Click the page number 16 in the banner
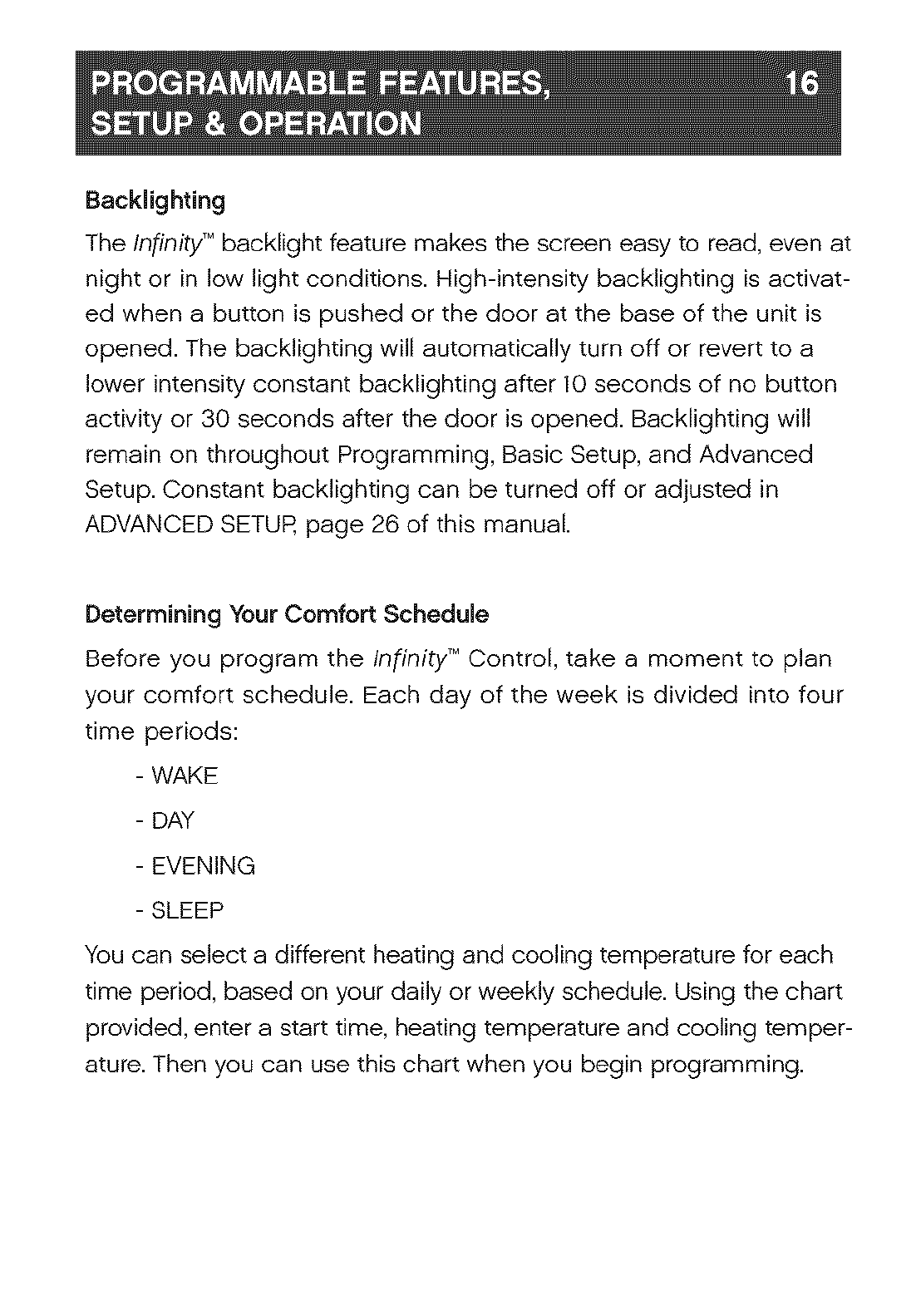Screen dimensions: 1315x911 pyautogui.click(x=801, y=85)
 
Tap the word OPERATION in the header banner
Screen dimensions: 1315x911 pyautogui.click(x=329, y=125)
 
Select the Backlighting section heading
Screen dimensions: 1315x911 pyautogui.click(x=155, y=201)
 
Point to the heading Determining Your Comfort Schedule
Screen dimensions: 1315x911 pyautogui.click(x=287, y=615)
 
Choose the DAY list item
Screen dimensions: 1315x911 pyautogui.click(x=173, y=821)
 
